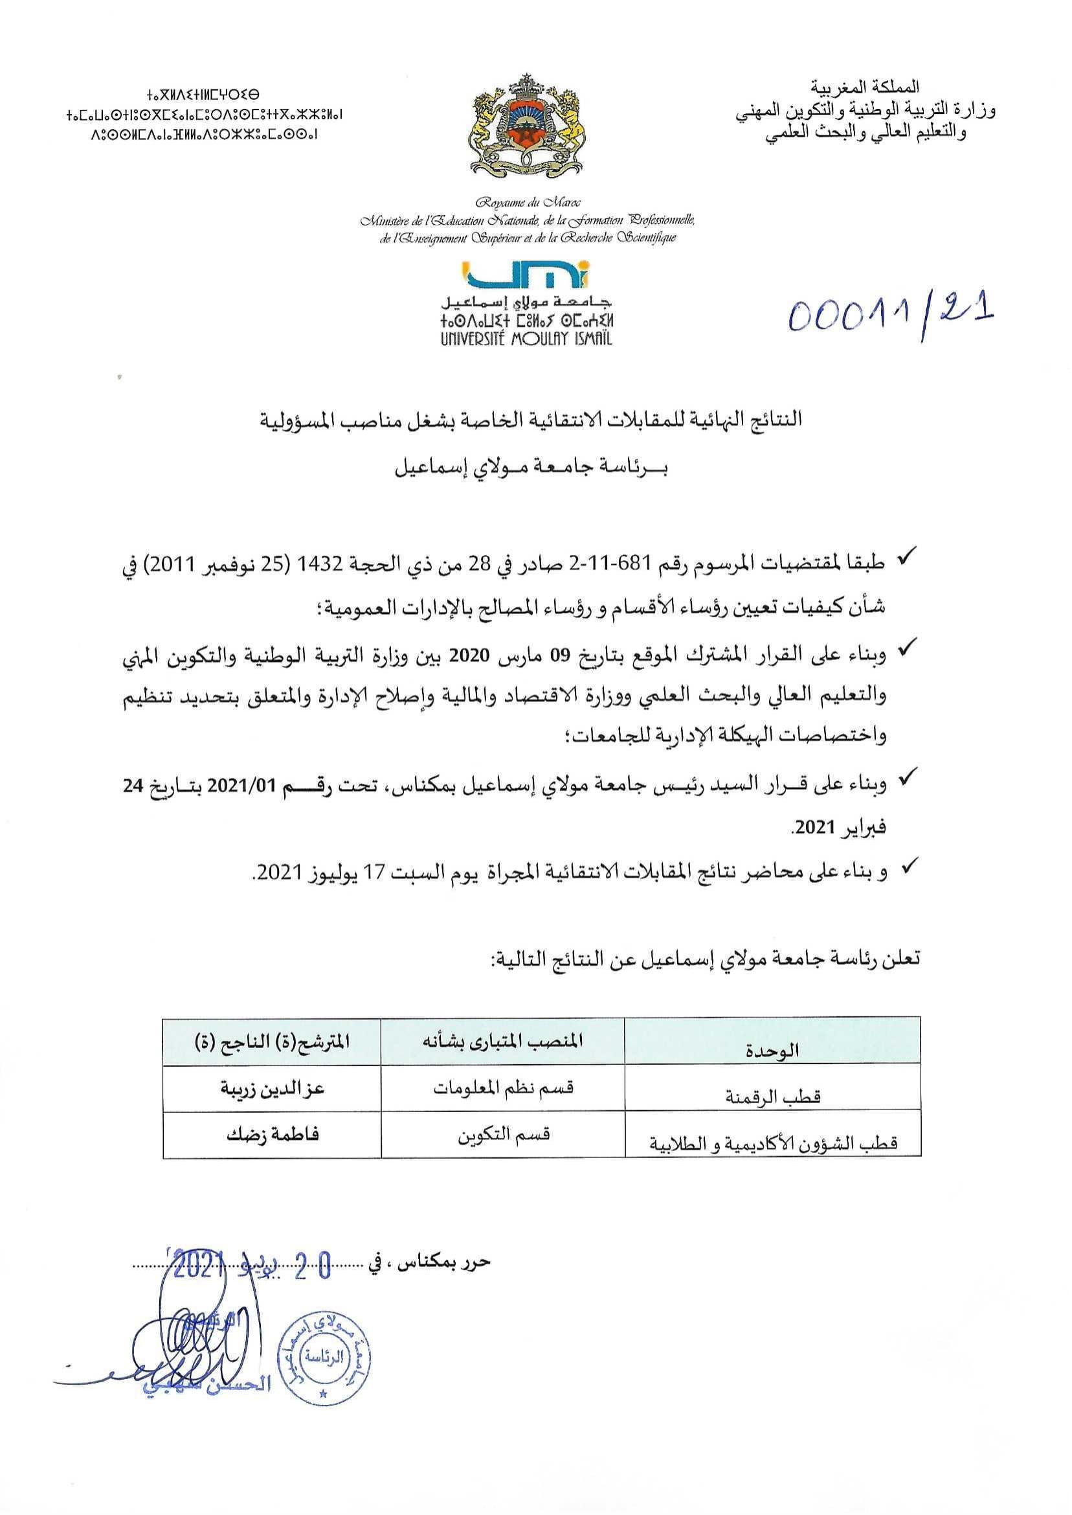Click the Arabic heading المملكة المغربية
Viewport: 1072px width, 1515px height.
865,86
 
